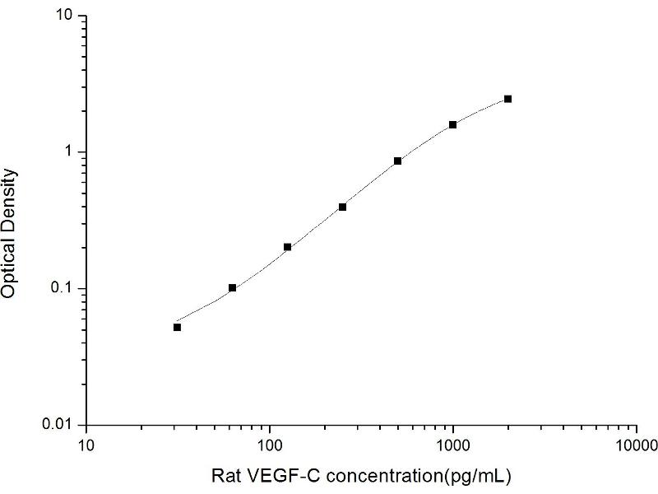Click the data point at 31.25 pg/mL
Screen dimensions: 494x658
177,327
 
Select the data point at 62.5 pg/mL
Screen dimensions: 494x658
232,287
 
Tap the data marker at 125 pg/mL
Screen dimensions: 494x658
287,247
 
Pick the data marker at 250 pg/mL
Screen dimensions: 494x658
342,207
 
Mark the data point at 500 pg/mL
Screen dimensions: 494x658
397,161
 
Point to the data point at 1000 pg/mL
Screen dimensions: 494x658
452,124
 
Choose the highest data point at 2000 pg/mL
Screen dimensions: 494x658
507,99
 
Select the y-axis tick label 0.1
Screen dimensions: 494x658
66,288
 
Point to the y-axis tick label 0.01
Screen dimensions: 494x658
63,424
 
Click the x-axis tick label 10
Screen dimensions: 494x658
86,445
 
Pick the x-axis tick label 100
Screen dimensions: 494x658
269,445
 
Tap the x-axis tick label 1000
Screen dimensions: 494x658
452,445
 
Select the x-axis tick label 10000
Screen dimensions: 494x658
635,445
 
